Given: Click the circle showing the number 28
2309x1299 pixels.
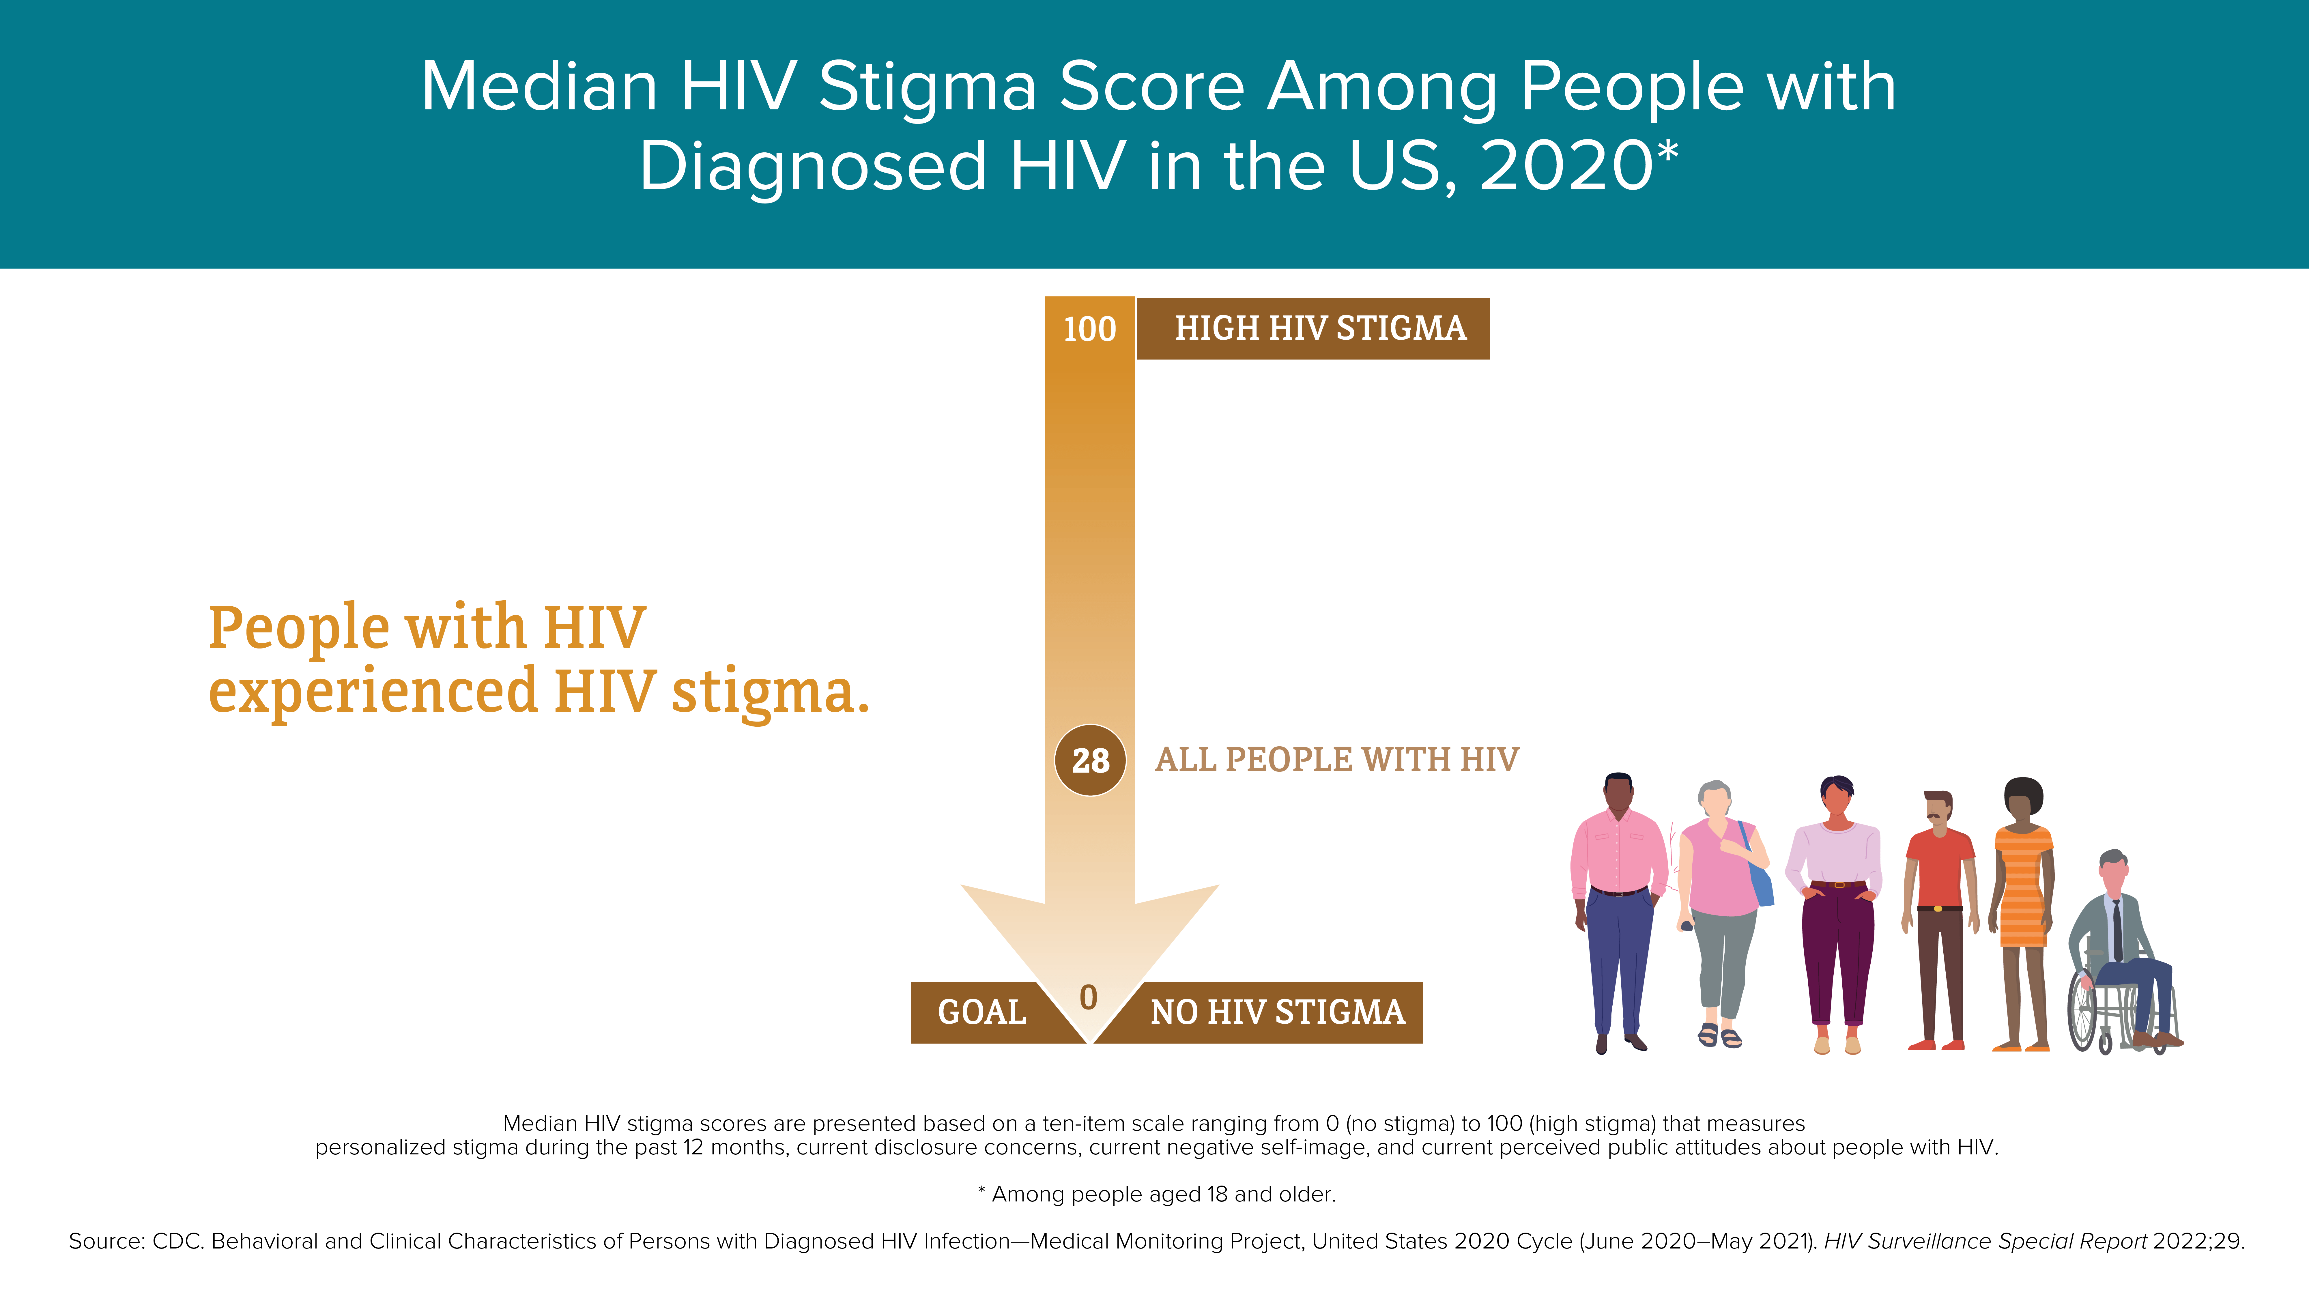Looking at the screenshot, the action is click(1090, 760).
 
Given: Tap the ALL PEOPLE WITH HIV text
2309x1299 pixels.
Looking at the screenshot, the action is click(1336, 759).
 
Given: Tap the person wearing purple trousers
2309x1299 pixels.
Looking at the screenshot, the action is click(1835, 914).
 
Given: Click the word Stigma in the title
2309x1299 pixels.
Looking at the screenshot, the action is click(928, 87).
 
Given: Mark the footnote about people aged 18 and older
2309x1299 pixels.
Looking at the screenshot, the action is click(1156, 1194).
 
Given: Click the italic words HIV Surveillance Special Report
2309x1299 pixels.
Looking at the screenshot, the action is click(1985, 1242).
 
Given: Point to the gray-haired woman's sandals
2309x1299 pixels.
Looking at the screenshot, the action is click(1719, 1036).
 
